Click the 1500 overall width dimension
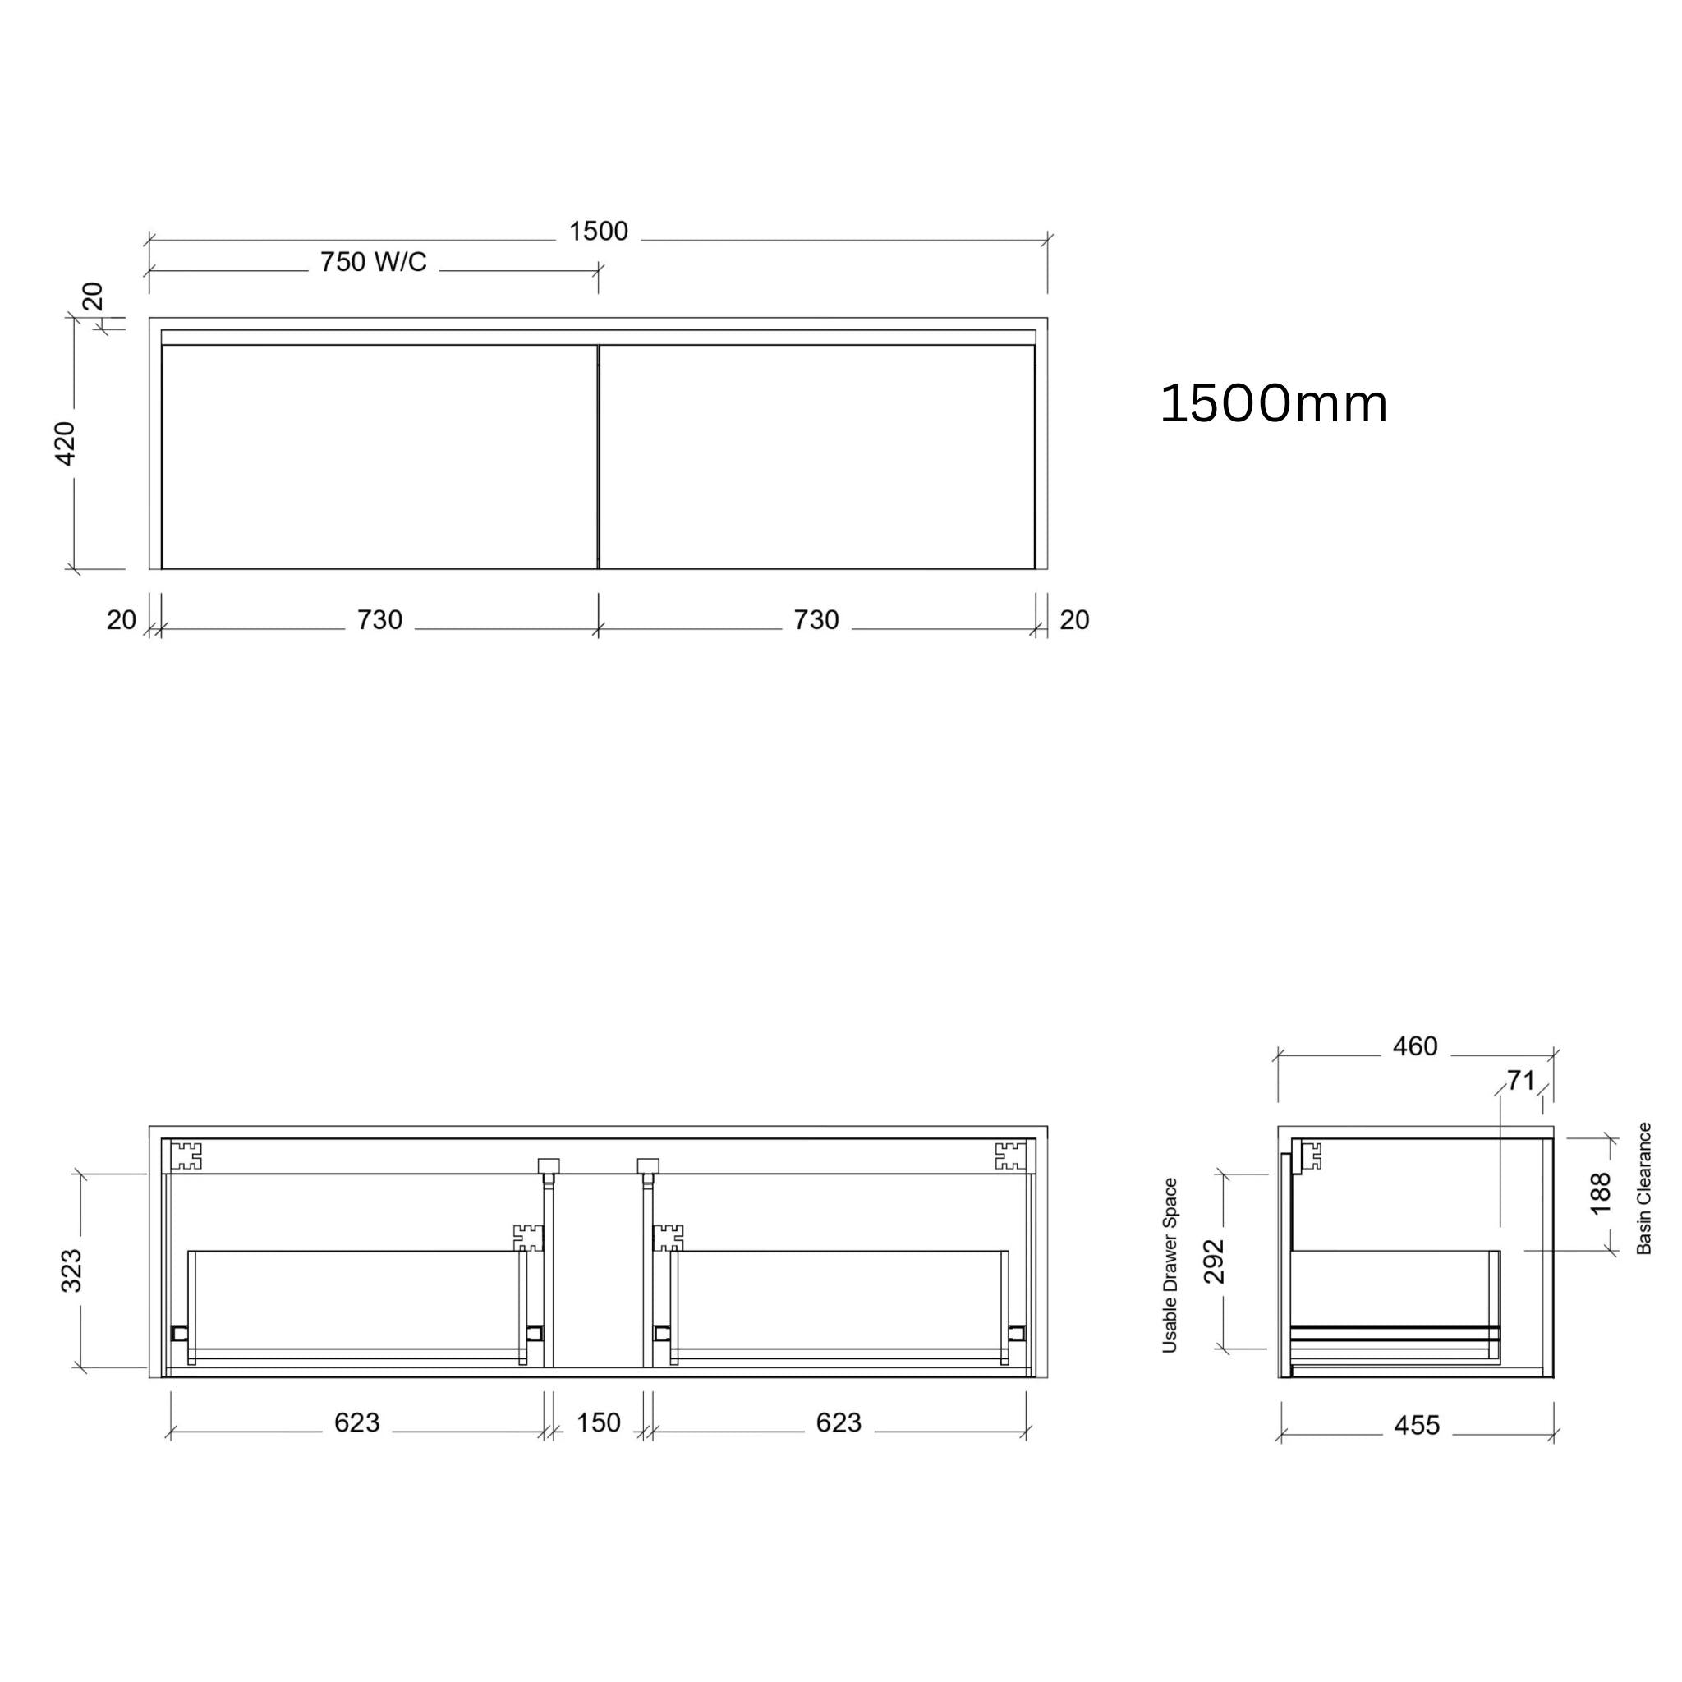tap(598, 232)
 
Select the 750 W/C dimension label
tap(373, 262)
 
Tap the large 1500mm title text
tap(1273, 404)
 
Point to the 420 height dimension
tap(67, 443)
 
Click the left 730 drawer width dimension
tap(379, 620)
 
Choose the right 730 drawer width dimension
tap(816, 620)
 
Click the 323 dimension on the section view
tap(71, 1271)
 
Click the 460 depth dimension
tap(1415, 1046)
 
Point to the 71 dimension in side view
tap(1520, 1081)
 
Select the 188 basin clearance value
tap(1600, 1193)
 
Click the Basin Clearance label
tap(1643, 1188)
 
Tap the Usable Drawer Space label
tap(1170, 1266)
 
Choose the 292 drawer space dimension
tap(1215, 1261)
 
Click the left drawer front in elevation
tap(379, 457)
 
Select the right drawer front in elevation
tap(816, 457)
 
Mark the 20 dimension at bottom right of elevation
tap(1074, 620)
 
